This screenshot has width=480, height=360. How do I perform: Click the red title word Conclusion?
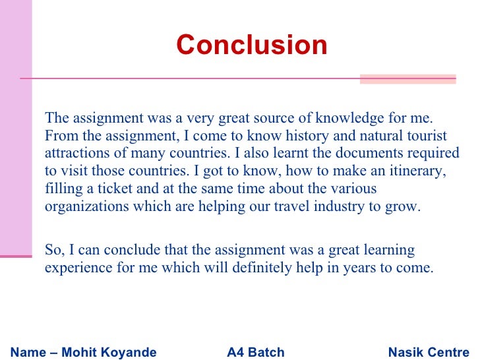tap(251, 45)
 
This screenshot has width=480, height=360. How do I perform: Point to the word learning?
tap(386, 251)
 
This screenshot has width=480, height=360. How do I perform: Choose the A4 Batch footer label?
tap(255, 353)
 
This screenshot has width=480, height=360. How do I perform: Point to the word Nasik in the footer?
tap(406, 353)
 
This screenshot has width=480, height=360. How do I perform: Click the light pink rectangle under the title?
tap(407, 79)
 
